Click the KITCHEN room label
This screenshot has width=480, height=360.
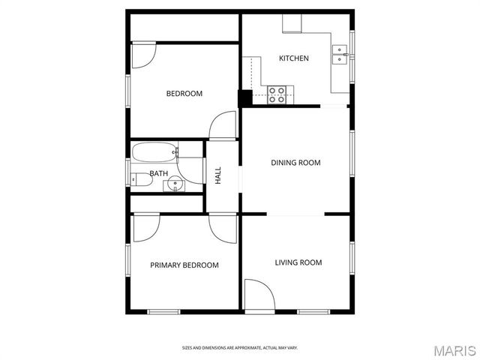(x=293, y=58)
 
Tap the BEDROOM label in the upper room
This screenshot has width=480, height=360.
(x=184, y=94)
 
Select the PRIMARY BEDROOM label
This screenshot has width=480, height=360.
(x=184, y=265)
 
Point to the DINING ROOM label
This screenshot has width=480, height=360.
(x=295, y=163)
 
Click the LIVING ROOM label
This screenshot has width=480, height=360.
(x=298, y=262)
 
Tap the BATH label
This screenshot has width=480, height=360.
(x=158, y=173)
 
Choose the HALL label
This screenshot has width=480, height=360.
(x=218, y=175)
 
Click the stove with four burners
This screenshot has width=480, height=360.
(x=277, y=94)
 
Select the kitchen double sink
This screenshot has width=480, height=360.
(x=341, y=54)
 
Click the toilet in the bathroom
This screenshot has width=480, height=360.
(x=138, y=179)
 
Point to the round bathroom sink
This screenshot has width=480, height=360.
(x=175, y=182)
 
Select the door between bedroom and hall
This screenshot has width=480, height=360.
(x=223, y=125)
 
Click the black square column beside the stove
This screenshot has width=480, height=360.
(x=245, y=98)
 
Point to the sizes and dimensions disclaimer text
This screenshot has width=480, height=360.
(x=240, y=348)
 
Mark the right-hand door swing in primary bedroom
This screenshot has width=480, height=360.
(x=223, y=226)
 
